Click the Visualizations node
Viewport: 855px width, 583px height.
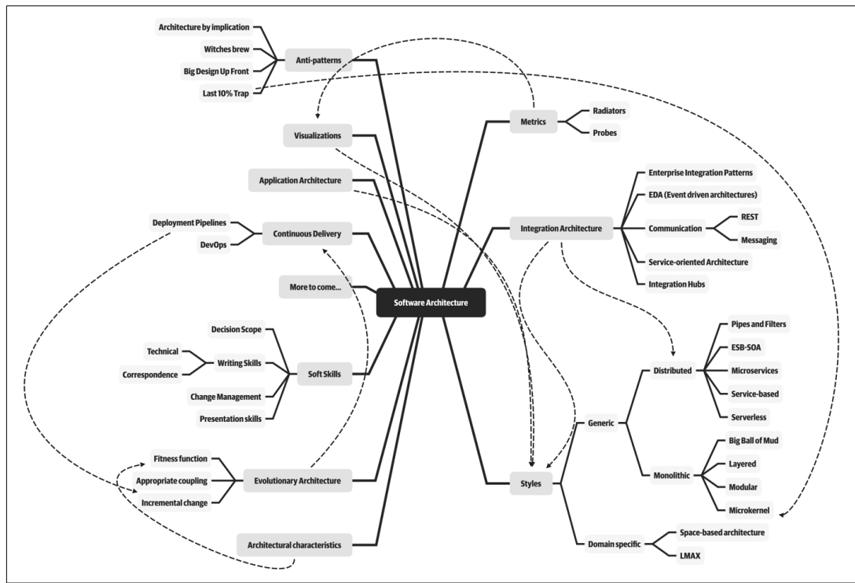[x=317, y=135]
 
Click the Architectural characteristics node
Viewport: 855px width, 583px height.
[x=295, y=544]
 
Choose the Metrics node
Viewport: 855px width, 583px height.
[x=544, y=121]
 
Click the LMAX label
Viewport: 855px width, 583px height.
[x=690, y=555]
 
